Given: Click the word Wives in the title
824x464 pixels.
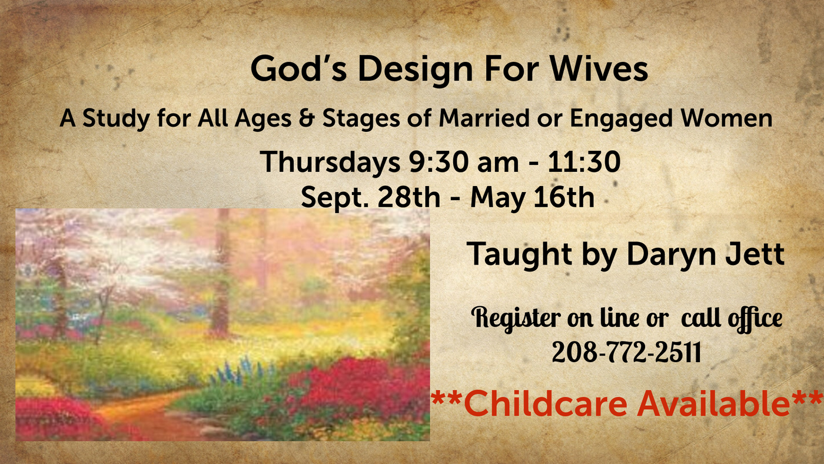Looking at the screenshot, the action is tap(599, 69).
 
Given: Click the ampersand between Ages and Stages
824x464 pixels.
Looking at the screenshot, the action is tap(307, 118).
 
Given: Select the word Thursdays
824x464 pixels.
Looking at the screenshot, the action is tap(330, 163).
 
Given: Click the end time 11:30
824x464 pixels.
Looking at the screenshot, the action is tap(584, 161).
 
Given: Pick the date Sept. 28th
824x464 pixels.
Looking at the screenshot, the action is tap(370, 197).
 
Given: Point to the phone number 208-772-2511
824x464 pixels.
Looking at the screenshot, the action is tap(626, 352).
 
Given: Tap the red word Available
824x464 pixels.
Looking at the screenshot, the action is tap(713, 404).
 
